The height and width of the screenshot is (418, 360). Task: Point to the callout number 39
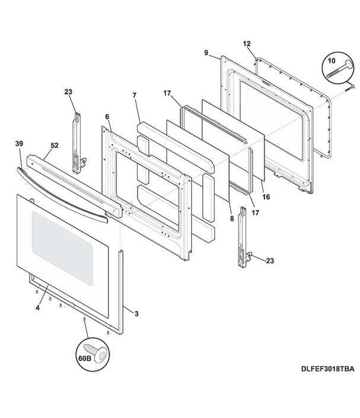coord(20,143)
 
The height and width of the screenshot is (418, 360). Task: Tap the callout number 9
coord(205,53)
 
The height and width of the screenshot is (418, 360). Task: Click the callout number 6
coord(107,116)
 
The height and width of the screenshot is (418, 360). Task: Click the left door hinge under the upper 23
coord(75,142)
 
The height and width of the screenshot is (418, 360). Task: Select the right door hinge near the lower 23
coord(243,237)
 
